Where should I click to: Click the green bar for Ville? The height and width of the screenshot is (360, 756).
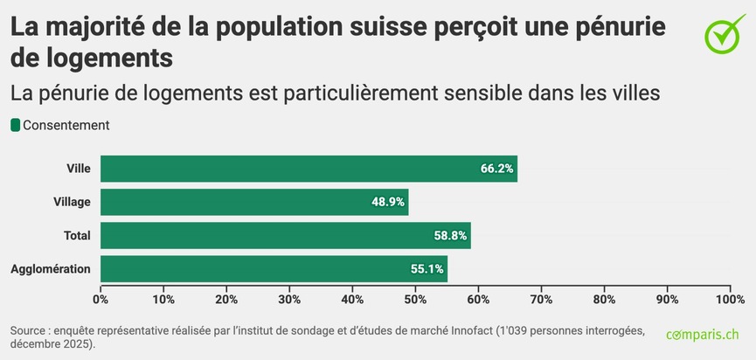point(309,169)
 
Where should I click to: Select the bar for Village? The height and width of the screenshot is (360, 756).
point(254,202)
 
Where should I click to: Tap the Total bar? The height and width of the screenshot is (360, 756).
point(286,235)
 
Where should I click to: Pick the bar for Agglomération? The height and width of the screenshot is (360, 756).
point(274,268)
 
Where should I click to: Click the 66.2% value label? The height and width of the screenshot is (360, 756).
point(496,169)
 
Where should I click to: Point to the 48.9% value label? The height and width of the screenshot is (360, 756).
point(388,202)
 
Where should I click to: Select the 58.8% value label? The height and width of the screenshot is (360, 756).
point(451,235)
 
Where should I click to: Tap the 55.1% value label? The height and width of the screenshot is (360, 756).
point(427,268)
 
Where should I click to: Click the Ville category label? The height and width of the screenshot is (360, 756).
point(79,169)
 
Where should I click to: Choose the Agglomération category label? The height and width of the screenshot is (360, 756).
point(51,268)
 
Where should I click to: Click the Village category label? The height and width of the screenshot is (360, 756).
point(72,202)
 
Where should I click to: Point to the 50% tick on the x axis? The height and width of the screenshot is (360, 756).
point(415,300)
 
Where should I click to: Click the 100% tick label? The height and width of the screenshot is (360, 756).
point(729,300)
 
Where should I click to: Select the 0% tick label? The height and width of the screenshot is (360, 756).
point(101,300)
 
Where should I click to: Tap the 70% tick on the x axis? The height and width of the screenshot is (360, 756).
point(541,300)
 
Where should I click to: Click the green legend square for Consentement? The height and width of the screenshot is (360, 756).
point(15,125)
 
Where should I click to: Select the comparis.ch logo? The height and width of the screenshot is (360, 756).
point(703,335)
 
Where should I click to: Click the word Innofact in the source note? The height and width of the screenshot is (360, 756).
point(467,331)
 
